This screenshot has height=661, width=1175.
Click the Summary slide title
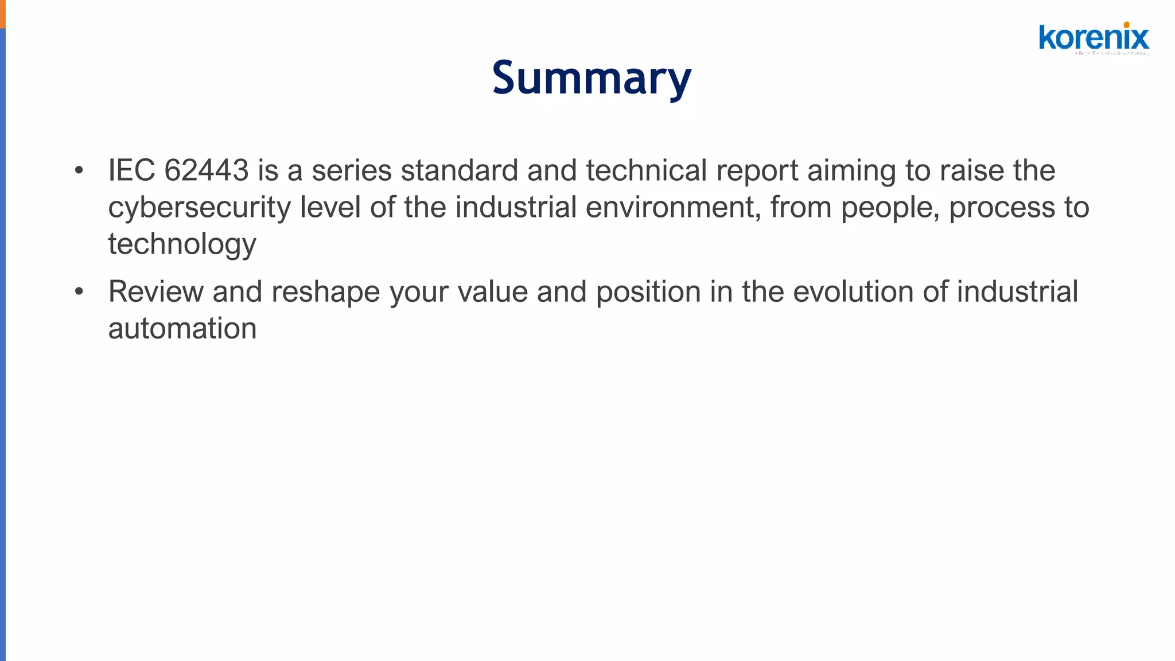pyautogui.click(x=592, y=78)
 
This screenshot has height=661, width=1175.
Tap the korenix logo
pyautogui.click(x=1094, y=38)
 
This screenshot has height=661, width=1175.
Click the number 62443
pyautogui.click(x=207, y=170)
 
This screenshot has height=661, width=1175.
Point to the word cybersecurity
pyautogui.click(x=199, y=208)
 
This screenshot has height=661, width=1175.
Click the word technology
pyautogui.click(x=182, y=244)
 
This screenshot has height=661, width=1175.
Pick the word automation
pyautogui.click(x=182, y=328)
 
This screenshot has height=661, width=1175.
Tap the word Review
pyautogui.click(x=155, y=291)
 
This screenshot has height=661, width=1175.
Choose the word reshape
pyautogui.click(x=325, y=293)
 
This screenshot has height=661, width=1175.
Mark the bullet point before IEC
pyautogui.click(x=79, y=170)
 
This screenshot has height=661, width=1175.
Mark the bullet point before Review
pyautogui.click(x=79, y=291)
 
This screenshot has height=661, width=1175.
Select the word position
pyautogui.click(x=648, y=293)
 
